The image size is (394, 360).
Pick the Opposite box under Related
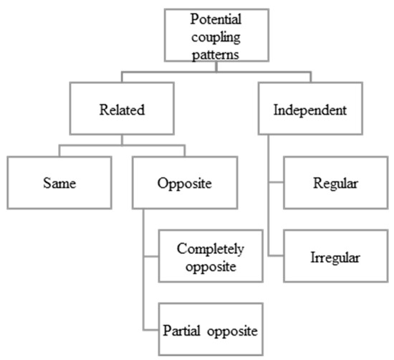pyautogui.click(x=184, y=182)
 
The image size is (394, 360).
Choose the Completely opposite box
pyautogui.click(x=210, y=256)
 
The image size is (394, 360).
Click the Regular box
pyautogui.click(x=335, y=182)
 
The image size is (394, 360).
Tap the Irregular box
pyautogui.click(x=335, y=256)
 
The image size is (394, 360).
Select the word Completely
pyautogui.click(x=210, y=249)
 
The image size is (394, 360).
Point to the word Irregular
pyautogui.click(x=335, y=256)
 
